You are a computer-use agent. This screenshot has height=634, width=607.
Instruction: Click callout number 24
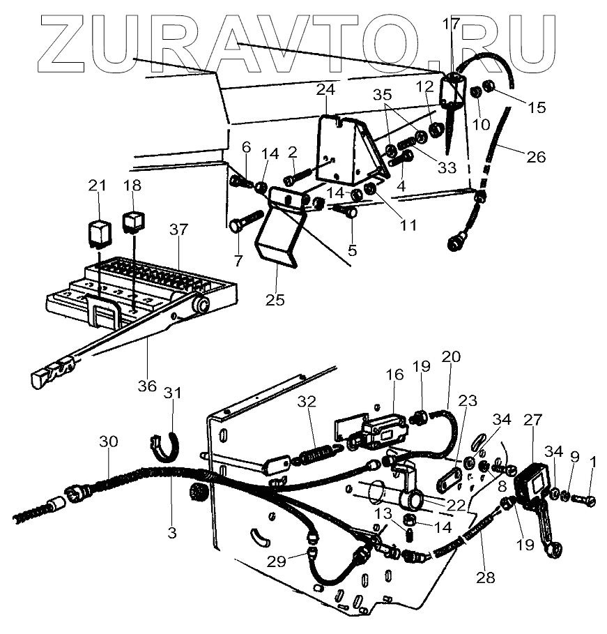click(x=325, y=90)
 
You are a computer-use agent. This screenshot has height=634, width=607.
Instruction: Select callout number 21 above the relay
click(x=98, y=186)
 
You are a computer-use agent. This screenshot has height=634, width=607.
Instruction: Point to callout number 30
click(x=109, y=442)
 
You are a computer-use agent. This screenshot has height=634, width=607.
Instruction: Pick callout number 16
click(x=394, y=375)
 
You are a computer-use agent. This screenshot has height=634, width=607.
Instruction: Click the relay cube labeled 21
click(x=98, y=231)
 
